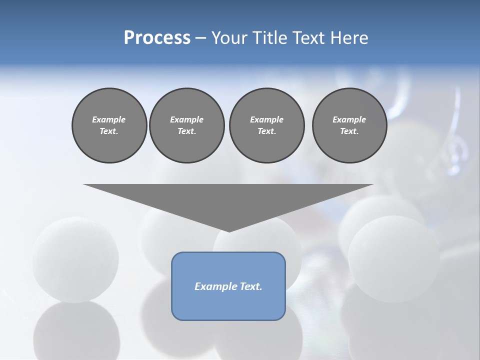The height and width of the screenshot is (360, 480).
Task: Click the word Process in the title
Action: (x=157, y=37)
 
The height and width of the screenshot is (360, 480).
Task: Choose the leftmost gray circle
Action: (x=109, y=125)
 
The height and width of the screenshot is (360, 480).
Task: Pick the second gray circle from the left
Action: (x=186, y=125)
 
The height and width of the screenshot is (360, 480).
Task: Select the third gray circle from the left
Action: (x=266, y=125)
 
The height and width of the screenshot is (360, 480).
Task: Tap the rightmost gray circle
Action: (x=349, y=125)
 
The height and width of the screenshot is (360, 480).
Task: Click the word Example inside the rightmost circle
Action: (x=349, y=119)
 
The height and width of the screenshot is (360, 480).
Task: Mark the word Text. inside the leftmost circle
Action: (x=109, y=131)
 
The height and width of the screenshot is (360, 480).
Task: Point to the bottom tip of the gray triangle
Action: (x=229, y=230)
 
